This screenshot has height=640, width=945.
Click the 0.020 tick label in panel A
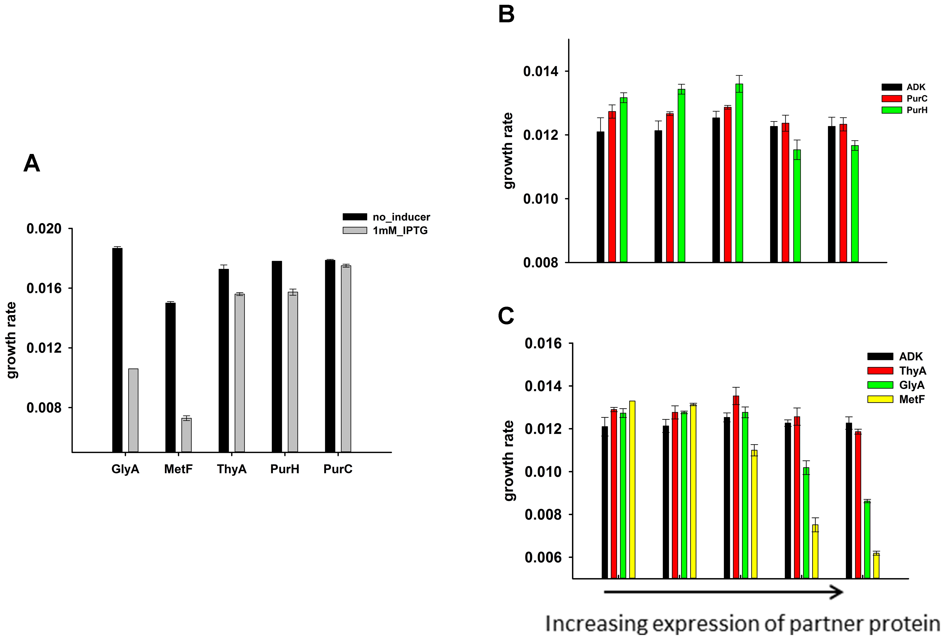(x=44, y=229)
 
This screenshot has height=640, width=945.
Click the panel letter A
(x=32, y=164)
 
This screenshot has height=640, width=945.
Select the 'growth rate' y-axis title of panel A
(x=11, y=340)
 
